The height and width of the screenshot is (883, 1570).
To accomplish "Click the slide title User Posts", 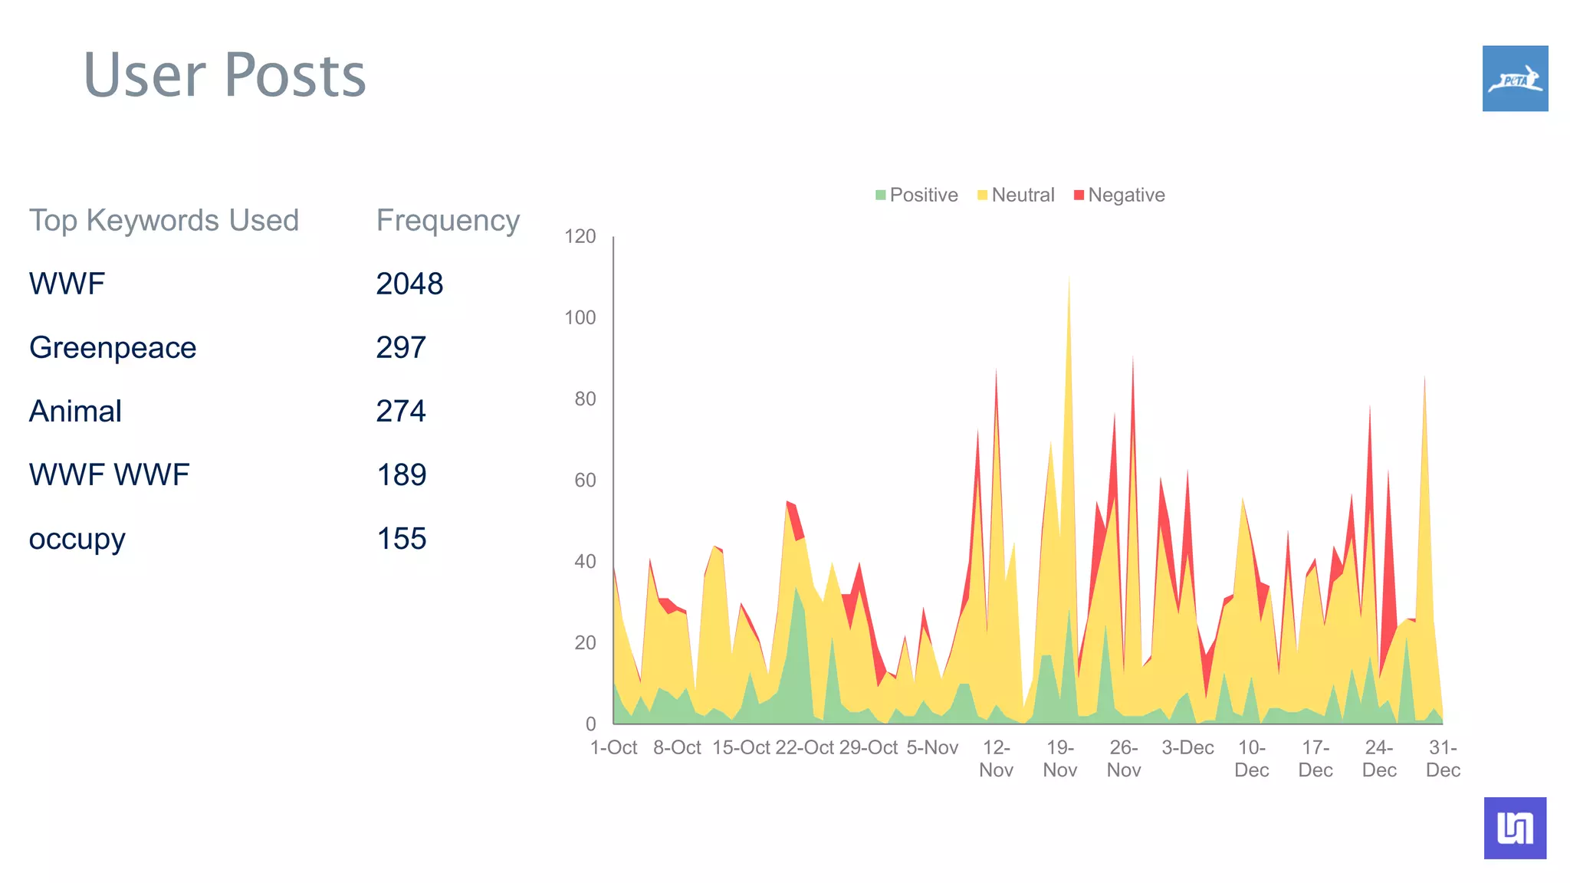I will coord(225,75).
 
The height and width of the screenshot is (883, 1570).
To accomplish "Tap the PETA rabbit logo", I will coord(1515,78).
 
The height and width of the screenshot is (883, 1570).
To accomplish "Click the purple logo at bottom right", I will coord(1515,828).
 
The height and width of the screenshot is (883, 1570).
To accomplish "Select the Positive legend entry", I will coord(917,195).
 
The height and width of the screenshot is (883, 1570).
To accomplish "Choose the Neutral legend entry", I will coord(1016,195).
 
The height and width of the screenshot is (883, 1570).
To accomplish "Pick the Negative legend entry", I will coord(1119,195).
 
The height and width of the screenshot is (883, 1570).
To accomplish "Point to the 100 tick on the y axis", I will coord(580,317).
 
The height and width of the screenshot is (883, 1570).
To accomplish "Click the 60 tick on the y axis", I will coord(585,480).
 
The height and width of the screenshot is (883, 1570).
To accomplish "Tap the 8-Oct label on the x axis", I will coord(677,747).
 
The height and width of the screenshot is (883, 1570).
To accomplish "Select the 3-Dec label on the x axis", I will coord(1187,747).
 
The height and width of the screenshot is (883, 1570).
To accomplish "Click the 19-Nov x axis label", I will coord(1060,758).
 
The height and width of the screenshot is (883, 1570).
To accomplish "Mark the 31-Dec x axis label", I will coord(1443,758).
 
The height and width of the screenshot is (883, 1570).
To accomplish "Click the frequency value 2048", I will coord(409,284).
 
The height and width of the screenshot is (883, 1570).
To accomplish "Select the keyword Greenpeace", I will coord(113,347).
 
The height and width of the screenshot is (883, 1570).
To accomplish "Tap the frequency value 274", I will coord(401,411).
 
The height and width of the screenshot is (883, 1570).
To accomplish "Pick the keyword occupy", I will coord(77,539).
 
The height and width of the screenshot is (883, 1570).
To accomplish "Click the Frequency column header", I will coord(448,220).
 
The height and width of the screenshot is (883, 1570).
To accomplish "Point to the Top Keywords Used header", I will coord(164,220).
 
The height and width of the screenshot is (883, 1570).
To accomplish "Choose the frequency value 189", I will coord(401,474).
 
